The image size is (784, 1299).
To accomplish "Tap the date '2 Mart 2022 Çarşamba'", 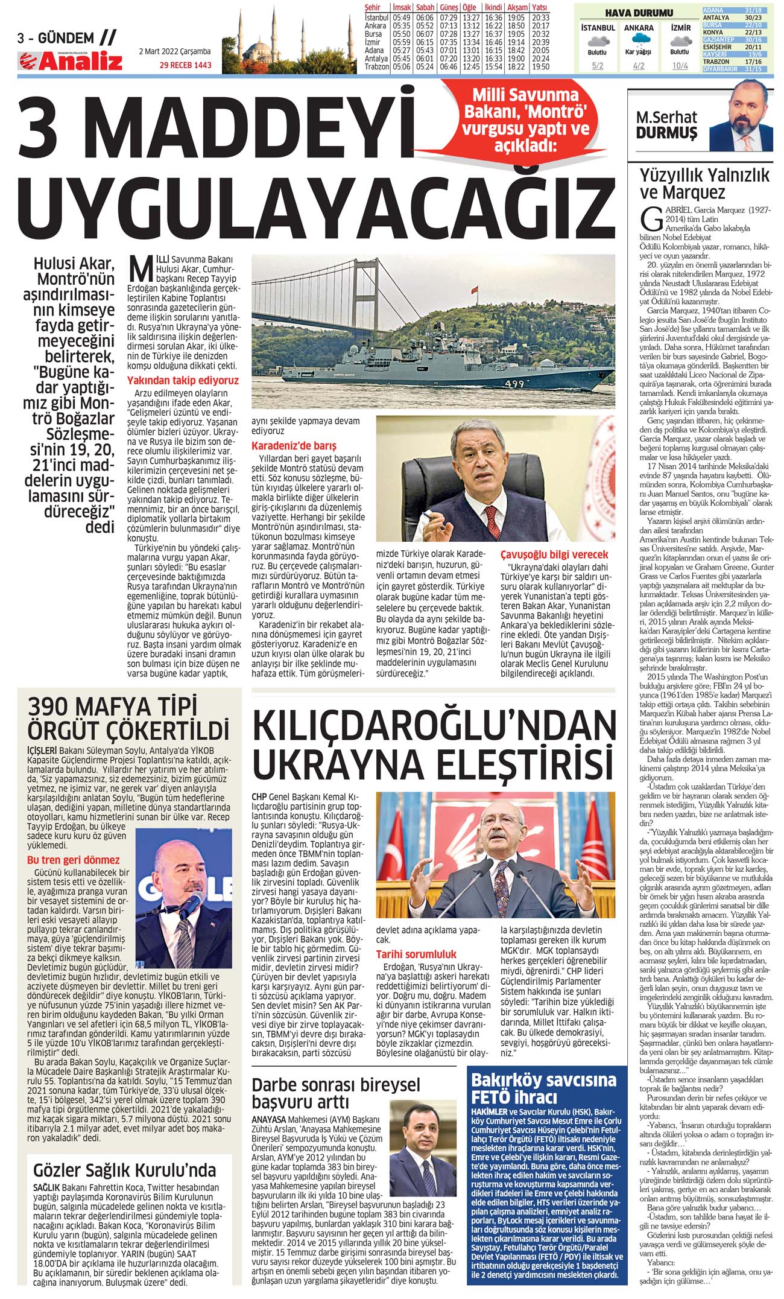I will coord(175,52).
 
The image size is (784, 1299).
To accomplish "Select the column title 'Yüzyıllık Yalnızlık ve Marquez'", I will coord(704,183).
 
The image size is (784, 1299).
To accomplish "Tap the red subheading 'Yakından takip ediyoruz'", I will coord(183,381).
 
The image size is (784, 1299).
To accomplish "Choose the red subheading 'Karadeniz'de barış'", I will coord(294,446).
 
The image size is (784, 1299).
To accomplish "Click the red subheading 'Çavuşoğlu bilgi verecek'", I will coord(554,554).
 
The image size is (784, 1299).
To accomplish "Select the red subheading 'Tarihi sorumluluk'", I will coord(416,954).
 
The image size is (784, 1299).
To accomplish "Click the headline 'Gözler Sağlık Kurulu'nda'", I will coord(124,1170).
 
